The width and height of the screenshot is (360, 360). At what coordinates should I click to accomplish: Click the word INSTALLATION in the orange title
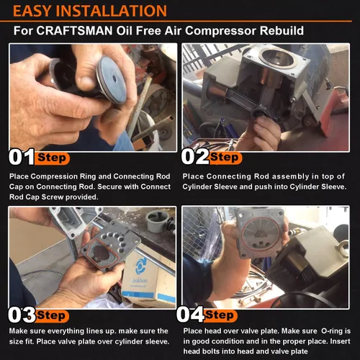click(112, 11)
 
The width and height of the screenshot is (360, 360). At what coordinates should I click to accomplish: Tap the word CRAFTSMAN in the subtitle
click(74, 31)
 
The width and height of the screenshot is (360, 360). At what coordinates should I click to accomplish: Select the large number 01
click(22, 157)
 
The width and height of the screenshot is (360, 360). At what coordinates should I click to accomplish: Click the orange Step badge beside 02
click(225, 158)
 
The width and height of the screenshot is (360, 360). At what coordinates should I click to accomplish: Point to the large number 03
click(22, 315)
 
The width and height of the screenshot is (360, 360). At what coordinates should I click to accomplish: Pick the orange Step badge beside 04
click(220, 315)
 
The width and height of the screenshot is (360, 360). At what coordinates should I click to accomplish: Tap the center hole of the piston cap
click(114, 78)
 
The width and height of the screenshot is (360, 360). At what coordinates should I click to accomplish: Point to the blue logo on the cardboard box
click(140, 265)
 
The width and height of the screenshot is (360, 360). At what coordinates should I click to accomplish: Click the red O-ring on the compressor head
click(261, 235)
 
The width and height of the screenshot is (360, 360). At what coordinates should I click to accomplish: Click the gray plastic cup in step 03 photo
click(157, 221)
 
